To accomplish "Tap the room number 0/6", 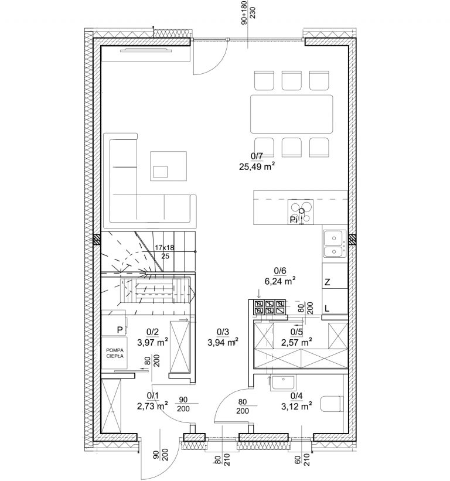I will pyautogui.click(x=280, y=271).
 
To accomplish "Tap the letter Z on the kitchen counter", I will pyautogui.click(x=328, y=282).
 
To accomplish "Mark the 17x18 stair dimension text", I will pyautogui.click(x=165, y=248).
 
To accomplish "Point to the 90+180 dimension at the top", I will pyautogui.click(x=244, y=12).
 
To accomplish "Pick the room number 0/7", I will pyautogui.click(x=257, y=156).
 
